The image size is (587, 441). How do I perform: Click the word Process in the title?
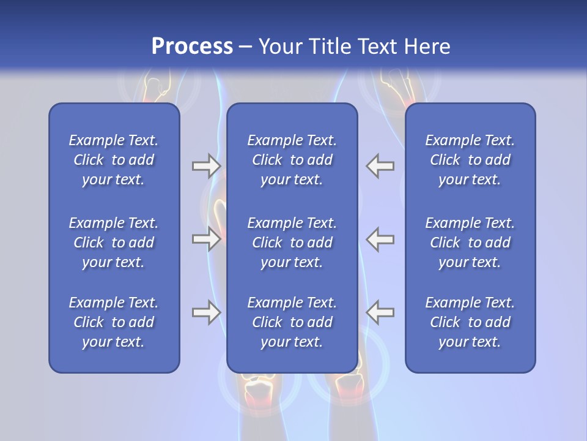pos(192,47)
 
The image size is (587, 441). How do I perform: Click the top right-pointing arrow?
pos(206,165)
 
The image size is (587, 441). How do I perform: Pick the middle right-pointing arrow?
pos(206,239)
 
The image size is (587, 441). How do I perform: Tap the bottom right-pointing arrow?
pos(206,312)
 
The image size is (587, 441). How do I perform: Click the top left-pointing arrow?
pos(380,165)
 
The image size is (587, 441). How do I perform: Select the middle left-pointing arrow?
pos(380,239)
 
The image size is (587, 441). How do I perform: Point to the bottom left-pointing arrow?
pos(380,312)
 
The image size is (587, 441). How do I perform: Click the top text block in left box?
pos(114,160)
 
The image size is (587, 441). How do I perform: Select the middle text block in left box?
pos(114,243)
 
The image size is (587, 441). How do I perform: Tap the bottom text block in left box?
pos(114,322)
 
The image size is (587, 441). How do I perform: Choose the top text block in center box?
pos(292,160)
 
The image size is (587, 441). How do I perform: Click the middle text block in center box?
pos(292,243)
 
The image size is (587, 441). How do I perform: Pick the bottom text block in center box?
pos(292,322)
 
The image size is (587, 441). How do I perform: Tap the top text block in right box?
pos(470,160)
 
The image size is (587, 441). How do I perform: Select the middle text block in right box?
pos(470,243)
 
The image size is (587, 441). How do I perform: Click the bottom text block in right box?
pos(470,322)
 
